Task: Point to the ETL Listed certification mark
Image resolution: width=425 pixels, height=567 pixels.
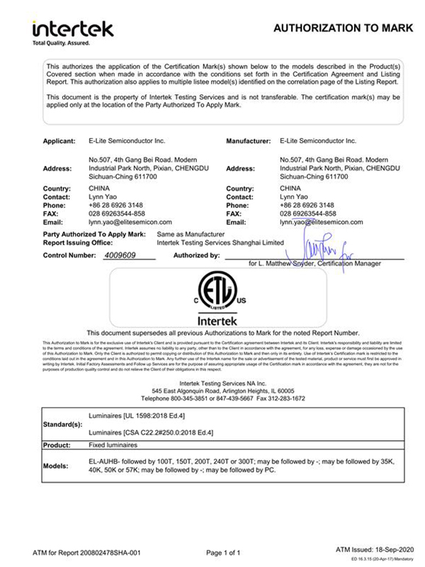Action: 212,291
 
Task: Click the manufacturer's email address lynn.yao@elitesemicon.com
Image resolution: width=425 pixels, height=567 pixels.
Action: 321,221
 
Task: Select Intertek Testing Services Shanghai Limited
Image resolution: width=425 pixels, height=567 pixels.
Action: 220,241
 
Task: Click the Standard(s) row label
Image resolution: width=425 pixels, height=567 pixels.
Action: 62,424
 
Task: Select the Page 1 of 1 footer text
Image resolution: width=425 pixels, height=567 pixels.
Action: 227,551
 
